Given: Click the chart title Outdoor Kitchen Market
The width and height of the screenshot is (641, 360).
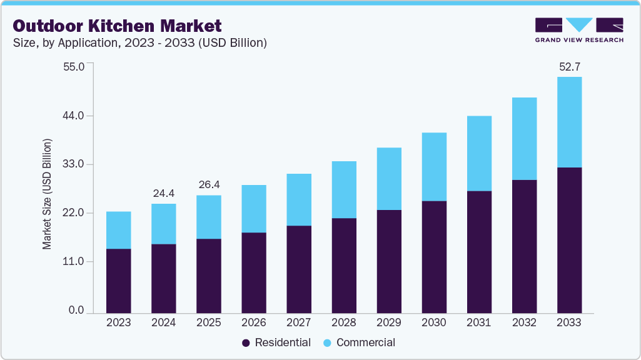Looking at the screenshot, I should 117,26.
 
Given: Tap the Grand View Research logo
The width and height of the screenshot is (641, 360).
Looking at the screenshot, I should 578,30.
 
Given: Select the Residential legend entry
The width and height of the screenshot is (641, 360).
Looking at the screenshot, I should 276,342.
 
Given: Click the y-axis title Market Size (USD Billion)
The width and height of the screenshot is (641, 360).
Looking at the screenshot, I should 48,193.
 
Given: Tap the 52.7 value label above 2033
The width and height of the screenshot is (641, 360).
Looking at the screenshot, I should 569,66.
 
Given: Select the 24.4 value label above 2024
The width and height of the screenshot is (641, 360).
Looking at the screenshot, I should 164,193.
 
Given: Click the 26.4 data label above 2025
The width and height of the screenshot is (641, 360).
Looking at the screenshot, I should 209,185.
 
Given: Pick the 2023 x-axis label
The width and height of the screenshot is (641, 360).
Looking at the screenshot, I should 118,323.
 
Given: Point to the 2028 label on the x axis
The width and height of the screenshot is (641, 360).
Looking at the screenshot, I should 343,323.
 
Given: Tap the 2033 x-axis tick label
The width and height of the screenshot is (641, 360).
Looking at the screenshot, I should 569,323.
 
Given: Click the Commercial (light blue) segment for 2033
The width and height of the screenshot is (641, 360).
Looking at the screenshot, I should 569,122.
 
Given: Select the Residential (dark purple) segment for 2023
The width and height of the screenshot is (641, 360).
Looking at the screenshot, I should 118,281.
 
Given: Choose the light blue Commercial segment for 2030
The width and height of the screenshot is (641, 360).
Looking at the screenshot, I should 434,166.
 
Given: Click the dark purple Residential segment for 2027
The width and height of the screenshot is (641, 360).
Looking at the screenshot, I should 299,269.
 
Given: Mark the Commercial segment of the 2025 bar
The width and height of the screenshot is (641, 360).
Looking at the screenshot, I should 209,217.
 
